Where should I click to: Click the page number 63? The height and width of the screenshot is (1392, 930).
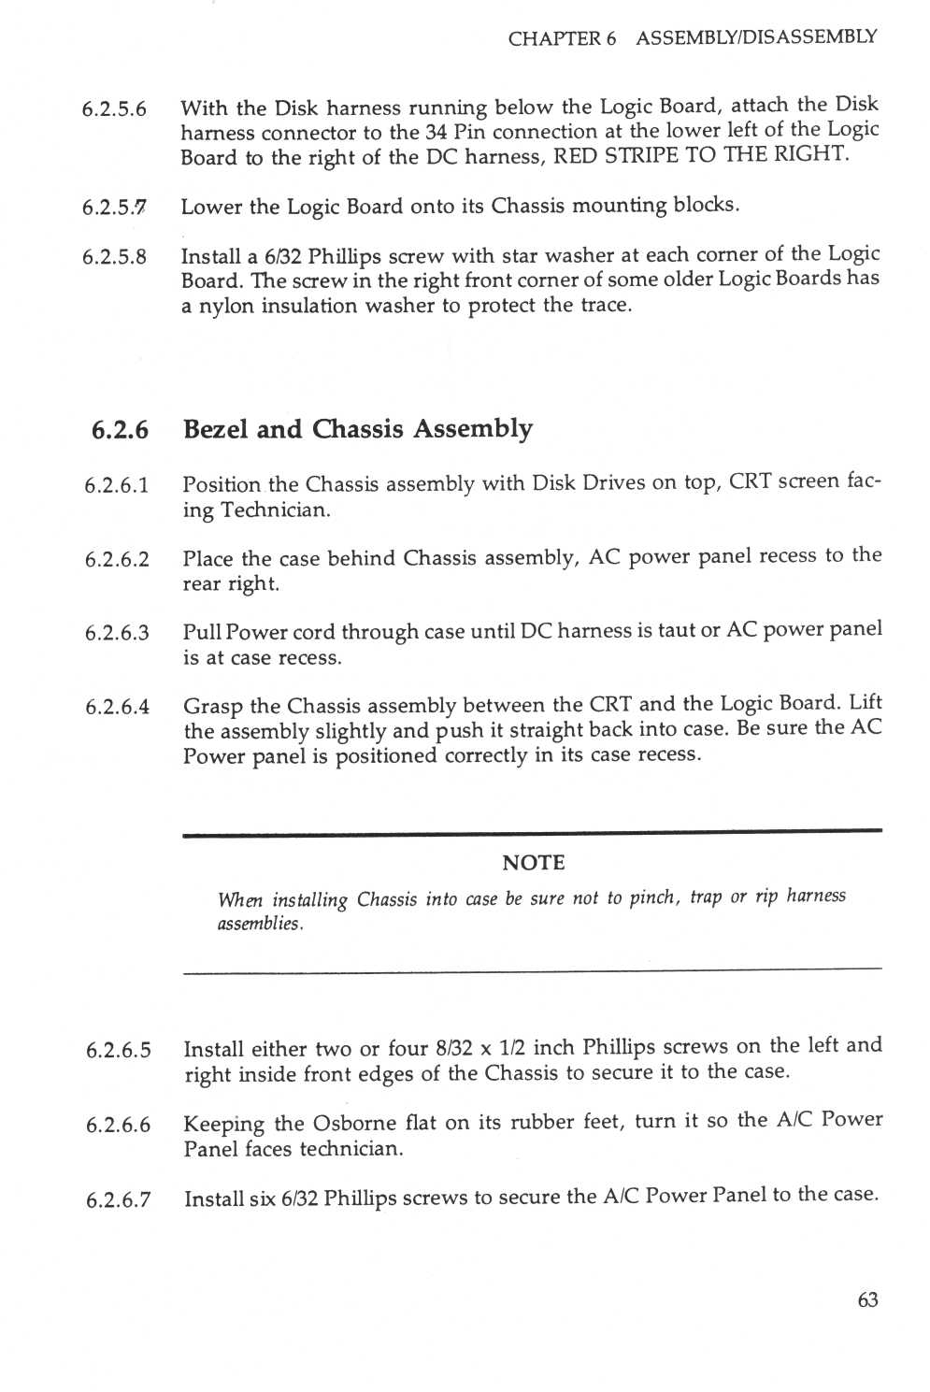pos(867,1299)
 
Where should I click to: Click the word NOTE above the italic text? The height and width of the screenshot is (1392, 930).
pos(533,863)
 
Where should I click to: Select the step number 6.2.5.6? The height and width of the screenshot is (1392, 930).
pos(114,109)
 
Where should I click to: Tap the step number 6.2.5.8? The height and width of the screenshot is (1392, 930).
pos(114,257)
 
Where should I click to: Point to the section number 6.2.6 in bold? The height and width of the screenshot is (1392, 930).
pos(120,430)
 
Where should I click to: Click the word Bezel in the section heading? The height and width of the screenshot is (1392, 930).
pos(216,429)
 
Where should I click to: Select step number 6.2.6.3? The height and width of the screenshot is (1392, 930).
pos(117,633)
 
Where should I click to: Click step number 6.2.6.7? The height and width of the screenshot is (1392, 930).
pos(118,1200)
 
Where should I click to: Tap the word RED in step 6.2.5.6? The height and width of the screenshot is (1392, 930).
pos(576,155)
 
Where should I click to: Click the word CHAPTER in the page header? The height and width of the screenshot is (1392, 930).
pos(555,38)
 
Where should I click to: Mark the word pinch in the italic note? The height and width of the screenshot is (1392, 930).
pos(652,897)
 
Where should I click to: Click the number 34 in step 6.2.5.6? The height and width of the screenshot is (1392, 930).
pos(436,132)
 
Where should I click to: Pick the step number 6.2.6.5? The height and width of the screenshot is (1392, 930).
pos(118,1051)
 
